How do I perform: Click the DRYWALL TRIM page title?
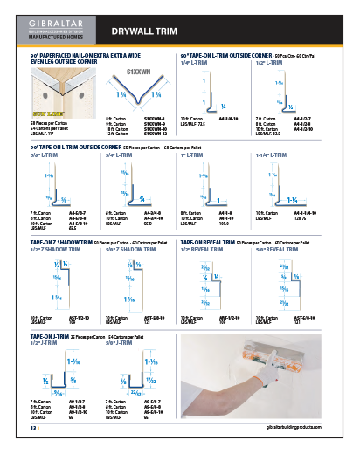144,31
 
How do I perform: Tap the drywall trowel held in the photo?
246,357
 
